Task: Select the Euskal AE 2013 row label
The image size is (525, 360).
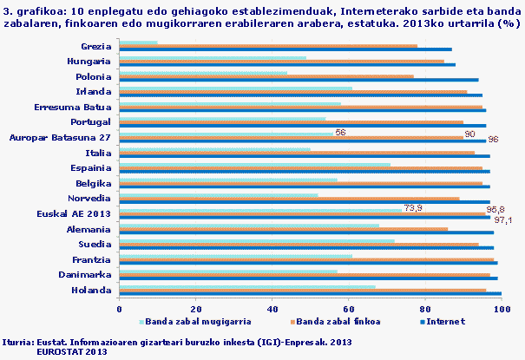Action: coord(73,213)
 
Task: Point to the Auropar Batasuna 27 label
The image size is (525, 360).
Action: coord(59,137)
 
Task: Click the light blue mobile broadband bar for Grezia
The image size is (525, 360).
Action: coord(138,43)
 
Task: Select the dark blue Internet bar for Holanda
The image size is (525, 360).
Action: coord(310,294)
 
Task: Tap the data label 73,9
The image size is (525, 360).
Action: coord(412,208)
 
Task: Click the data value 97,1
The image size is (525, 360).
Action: coord(503,219)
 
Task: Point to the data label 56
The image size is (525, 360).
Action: coord(340,133)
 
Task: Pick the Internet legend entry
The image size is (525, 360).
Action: coord(446,321)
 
